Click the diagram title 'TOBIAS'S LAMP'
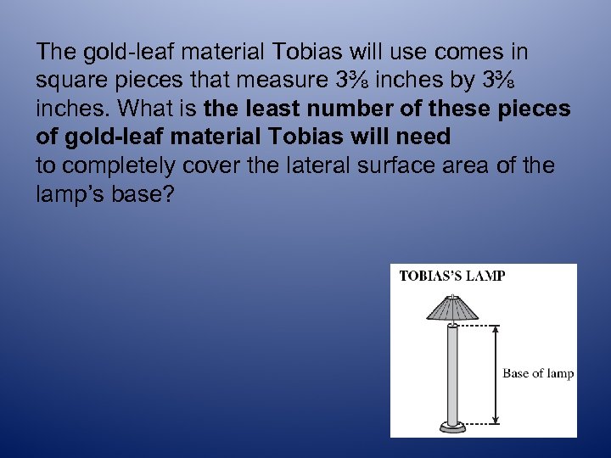pyautogui.click(x=452, y=276)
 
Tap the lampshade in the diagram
pyautogui.click(x=453, y=309)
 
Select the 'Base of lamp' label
pyautogui.click(x=538, y=373)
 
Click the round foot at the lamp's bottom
pyautogui.click(x=452, y=426)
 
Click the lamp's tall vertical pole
pyautogui.click(x=452, y=373)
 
